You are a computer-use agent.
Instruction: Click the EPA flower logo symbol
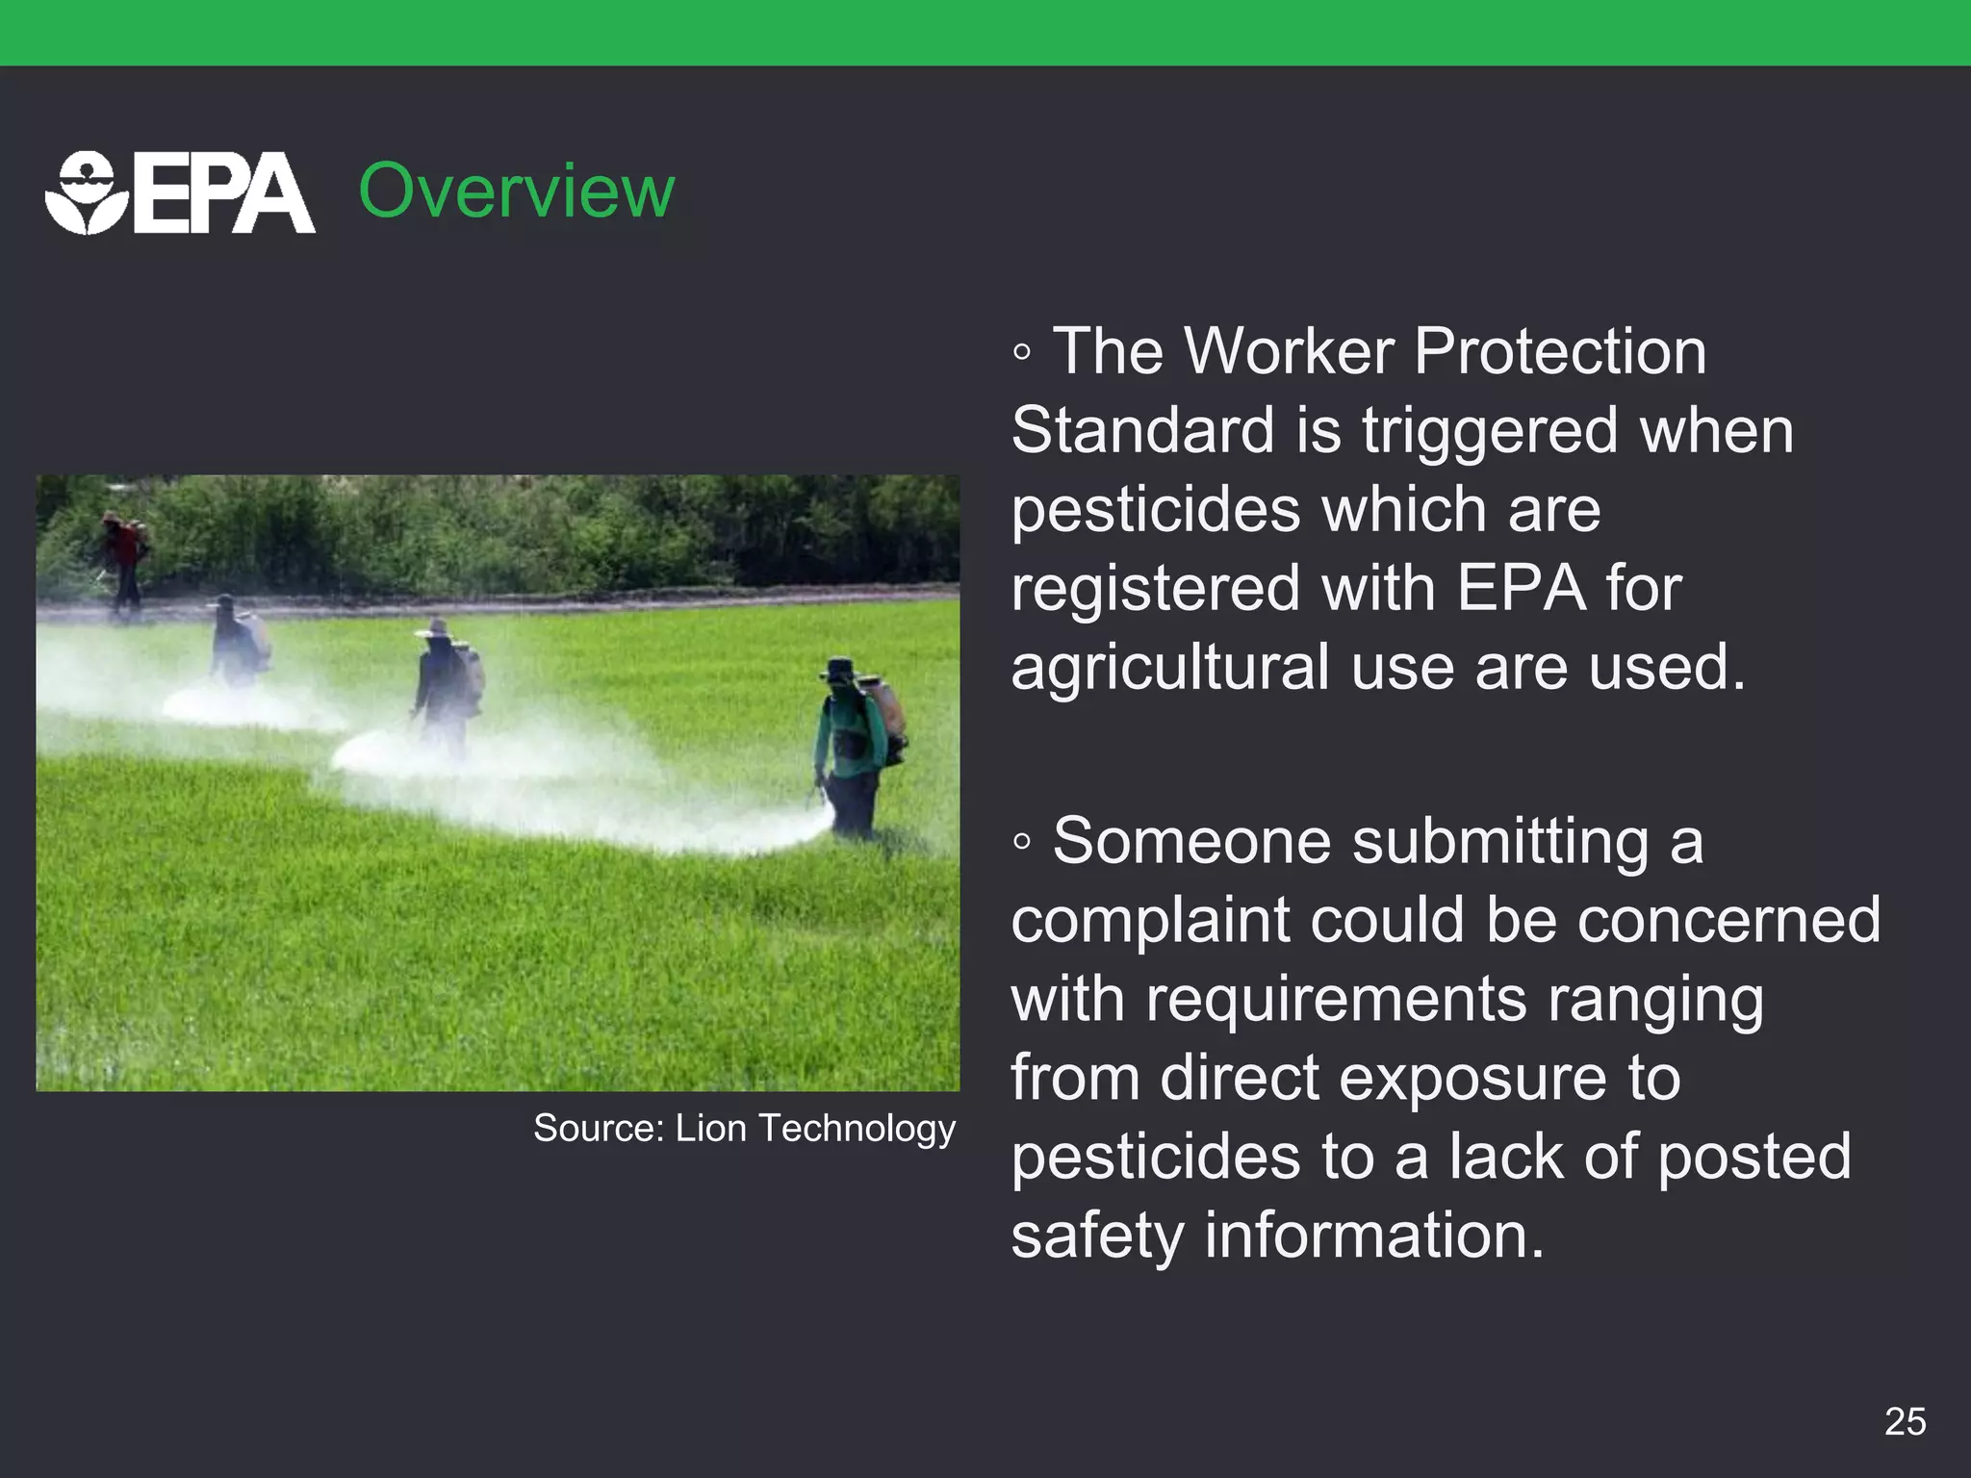click(86, 192)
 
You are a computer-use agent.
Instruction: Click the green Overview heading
click(516, 191)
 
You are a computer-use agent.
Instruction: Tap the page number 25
click(1905, 1421)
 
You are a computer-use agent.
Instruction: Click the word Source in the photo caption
click(597, 1129)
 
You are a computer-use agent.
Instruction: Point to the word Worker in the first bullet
click(1289, 351)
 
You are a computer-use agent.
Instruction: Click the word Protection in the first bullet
click(1560, 351)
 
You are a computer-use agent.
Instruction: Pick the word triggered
click(1490, 432)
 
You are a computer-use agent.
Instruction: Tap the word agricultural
click(1170, 668)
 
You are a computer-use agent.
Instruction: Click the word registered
click(1155, 589)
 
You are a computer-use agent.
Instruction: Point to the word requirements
click(1336, 999)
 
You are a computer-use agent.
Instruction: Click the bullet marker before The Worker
click(1022, 353)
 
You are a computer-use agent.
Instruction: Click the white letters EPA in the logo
click(223, 195)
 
